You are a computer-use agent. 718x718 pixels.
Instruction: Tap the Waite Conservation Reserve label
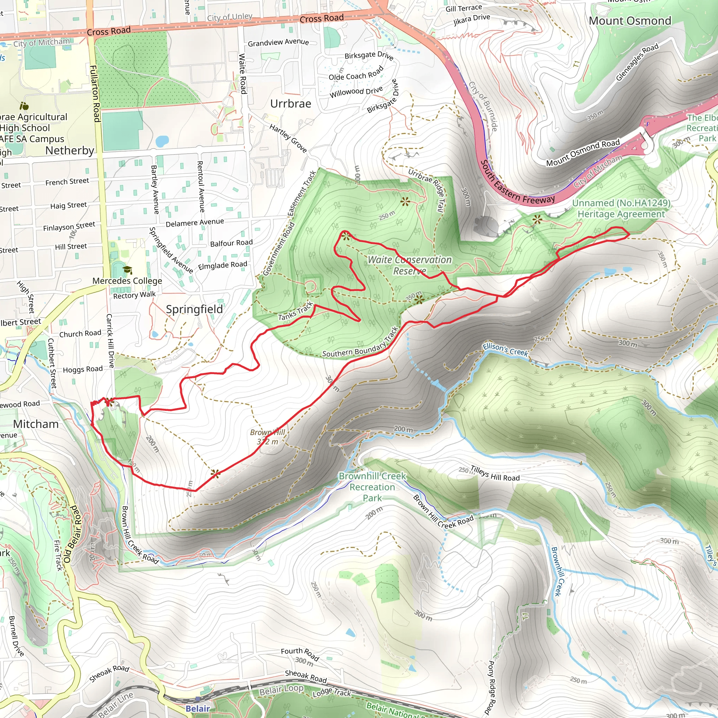coord(409,265)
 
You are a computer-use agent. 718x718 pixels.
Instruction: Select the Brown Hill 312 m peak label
coord(267,437)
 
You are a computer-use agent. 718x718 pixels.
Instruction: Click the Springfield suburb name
coord(194,309)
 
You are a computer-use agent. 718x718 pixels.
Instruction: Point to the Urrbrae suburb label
coord(291,104)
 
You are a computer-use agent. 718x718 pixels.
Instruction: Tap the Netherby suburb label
coord(69,150)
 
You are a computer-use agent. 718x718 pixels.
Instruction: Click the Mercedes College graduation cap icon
coord(128,270)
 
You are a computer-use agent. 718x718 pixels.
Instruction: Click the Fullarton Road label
coord(94,94)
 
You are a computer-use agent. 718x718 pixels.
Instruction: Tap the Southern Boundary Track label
coord(360,343)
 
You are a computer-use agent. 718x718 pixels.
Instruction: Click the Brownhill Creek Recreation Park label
coord(372,487)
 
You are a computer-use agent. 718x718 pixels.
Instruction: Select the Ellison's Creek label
coord(505,349)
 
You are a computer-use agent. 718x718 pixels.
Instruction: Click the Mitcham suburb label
coord(36,424)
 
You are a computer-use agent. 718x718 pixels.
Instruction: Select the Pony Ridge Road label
coord(491,687)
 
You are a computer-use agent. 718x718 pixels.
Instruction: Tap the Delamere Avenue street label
coord(195,223)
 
